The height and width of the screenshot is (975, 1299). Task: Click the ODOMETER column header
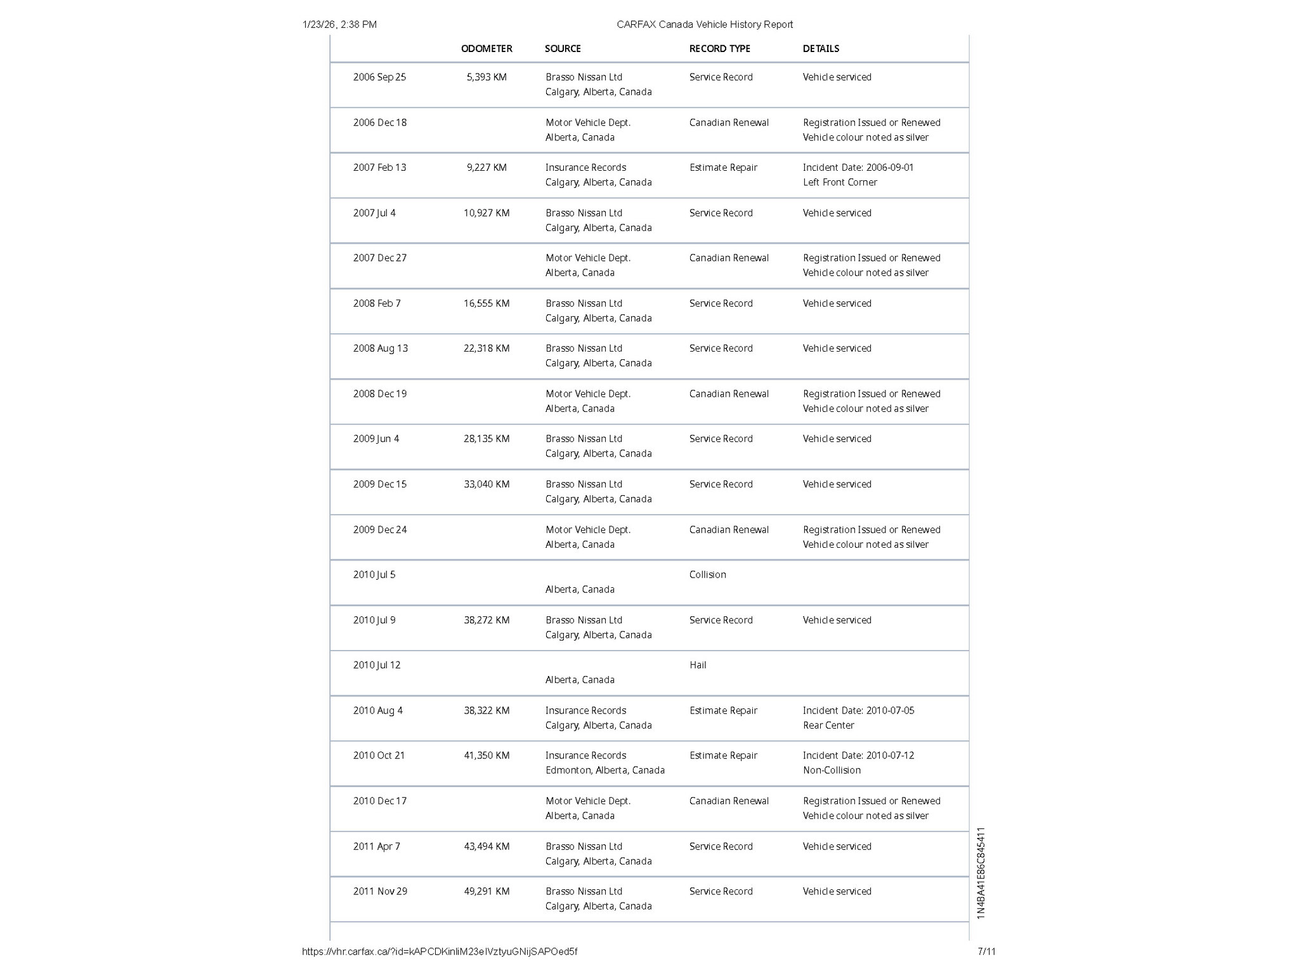[x=486, y=49]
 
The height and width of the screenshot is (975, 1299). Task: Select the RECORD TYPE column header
[x=719, y=49]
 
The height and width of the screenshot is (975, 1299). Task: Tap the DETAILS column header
[x=821, y=49]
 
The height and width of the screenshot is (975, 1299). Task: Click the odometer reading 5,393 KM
[x=486, y=77]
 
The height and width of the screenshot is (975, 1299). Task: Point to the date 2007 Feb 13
[x=379, y=168]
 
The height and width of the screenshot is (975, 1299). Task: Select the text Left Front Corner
[x=840, y=183]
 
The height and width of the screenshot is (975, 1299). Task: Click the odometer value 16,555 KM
[x=486, y=303]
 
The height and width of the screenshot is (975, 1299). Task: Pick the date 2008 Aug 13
[x=380, y=348]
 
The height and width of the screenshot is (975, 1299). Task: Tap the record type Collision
[x=707, y=575]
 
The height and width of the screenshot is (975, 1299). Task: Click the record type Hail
[x=698, y=665]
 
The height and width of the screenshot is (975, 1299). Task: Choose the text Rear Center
[x=828, y=726]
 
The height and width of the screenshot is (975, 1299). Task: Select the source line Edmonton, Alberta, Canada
[x=604, y=771]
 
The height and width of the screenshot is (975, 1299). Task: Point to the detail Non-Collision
[x=832, y=771]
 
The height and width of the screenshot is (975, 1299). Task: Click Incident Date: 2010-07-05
[x=858, y=711]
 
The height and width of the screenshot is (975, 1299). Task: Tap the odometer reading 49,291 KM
[x=486, y=892]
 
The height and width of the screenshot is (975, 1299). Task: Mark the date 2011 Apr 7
[x=376, y=847]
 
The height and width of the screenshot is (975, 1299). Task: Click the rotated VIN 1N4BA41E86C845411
[x=981, y=873]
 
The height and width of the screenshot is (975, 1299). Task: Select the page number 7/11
[x=986, y=952]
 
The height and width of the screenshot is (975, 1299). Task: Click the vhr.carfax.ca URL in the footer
[x=440, y=952]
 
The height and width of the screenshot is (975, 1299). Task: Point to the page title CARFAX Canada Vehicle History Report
[x=704, y=25]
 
